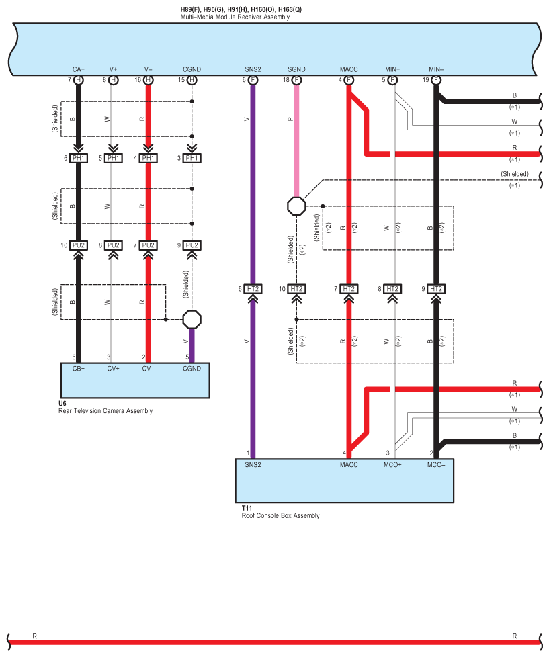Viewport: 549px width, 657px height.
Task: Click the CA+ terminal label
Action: coord(79,69)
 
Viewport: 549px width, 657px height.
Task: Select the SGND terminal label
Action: coord(296,69)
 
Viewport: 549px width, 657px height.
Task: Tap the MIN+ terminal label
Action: coord(392,69)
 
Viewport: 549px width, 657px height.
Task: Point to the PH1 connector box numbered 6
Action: coord(79,158)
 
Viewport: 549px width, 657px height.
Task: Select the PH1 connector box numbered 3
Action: coord(192,158)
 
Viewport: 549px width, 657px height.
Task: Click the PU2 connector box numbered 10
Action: coord(79,245)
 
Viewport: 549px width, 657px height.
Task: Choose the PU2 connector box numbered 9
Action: coord(192,245)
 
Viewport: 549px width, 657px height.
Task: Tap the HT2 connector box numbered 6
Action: coord(253,289)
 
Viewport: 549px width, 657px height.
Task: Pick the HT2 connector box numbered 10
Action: coord(296,289)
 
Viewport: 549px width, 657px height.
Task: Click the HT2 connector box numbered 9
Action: coord(436,289)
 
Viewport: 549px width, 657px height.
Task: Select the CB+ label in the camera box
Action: coord(79,368)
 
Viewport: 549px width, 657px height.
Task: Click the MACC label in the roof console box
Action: coord(349,464)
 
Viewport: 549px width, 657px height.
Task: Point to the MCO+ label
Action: coord(392,464)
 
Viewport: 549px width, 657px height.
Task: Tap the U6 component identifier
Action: coord(62,403)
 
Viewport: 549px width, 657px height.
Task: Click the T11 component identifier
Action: coord(246,508)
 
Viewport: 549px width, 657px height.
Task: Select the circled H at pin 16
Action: coord(149,80)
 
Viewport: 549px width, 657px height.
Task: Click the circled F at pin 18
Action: coord(296,80)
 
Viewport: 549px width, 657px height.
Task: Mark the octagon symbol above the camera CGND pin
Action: coord(192,318)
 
